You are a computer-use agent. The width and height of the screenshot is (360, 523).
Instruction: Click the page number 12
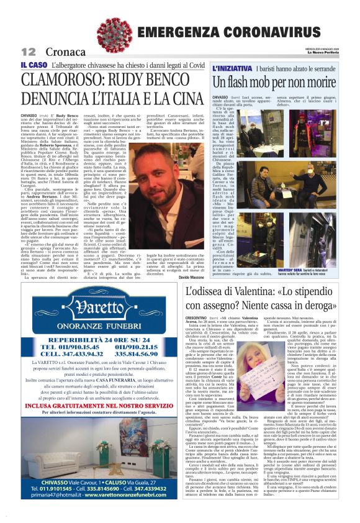click(x=28, y=51)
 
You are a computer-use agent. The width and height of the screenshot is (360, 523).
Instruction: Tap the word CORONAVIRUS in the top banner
click(x=274, y=32)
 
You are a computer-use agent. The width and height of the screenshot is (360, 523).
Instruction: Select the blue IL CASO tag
click(x=34, y=65)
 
